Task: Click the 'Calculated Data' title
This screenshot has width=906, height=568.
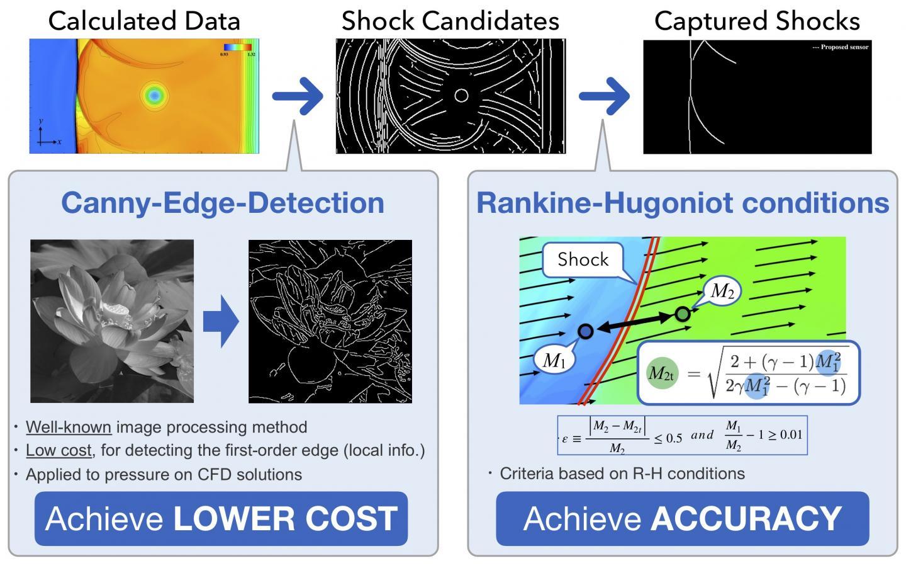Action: pyautogui.click(x=144, y=21)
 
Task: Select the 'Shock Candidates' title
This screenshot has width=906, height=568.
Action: pyautogui.click(x=450, y=21)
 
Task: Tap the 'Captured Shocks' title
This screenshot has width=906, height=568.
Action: pyautogui.click(x=757, y=21)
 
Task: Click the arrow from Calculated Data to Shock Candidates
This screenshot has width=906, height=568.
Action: pyautogui.click(x=298, y=96)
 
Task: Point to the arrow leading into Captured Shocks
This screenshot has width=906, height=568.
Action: pyautogui.click(x=604, y=96)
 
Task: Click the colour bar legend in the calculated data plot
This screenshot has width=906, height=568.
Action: pyautogui.click(x=238, y=48)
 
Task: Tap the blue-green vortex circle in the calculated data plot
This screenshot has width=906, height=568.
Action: pyautogui.click(x=153, y=95)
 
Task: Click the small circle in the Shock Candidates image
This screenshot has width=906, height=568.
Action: pyautogui.click(x=461, y=95)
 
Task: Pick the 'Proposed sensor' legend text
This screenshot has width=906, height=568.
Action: pyautogui.click(x=841, y=47)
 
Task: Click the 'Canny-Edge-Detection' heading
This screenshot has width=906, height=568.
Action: pyautogui.click(x=223, y=203)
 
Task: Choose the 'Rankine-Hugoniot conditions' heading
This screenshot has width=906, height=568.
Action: pyautogui.click(x=683, y=203)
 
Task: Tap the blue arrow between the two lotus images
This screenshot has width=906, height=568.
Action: pyautogui.click(x=221, y=321)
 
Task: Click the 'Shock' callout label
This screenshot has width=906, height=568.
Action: pyautogui.click(x=583, y=259)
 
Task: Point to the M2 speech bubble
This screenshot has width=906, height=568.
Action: pyautogui.click(x=722, y=291)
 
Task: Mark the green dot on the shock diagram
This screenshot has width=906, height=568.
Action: pyautogui.click(x=683, y=314)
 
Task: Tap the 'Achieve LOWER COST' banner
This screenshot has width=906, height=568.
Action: pyautogui.click(x=221, y=518)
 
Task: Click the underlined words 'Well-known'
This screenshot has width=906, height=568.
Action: pyautogui.click(x=69, y=427)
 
